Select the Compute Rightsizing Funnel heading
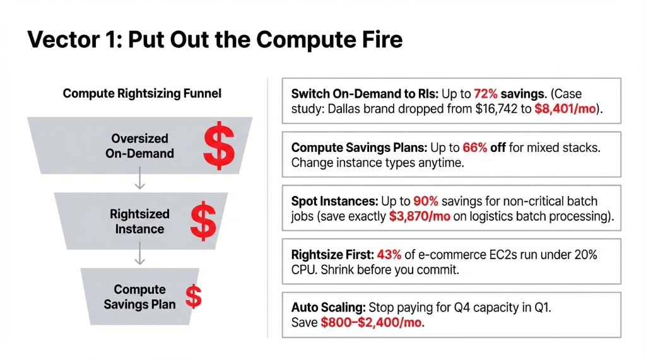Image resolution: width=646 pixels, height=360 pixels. [x=142, y=94]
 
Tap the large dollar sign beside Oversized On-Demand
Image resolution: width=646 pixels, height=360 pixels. [x=218, y=146]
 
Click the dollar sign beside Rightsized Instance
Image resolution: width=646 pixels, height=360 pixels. [x=203, y=221]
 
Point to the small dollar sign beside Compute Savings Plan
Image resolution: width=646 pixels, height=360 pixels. [x=193, y=296]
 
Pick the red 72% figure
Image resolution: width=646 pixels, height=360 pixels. [x=483, y=94]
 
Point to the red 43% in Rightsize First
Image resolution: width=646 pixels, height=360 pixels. [x=389, y=255]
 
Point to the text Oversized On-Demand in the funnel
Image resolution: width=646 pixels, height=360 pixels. [x=139, y=146]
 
